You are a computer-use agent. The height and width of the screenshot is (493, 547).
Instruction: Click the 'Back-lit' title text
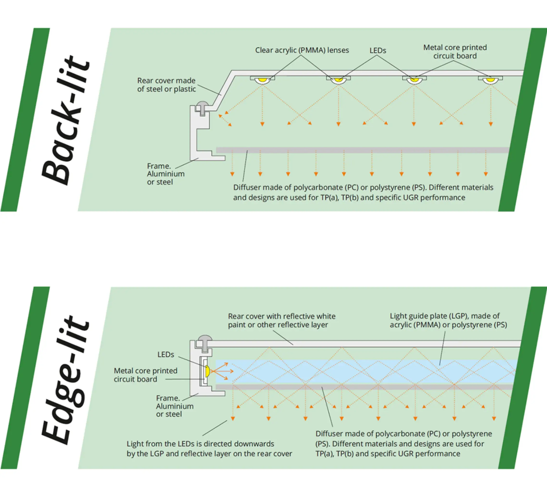(65, 121)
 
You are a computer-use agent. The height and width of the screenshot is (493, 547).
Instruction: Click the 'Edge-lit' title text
(65, 381)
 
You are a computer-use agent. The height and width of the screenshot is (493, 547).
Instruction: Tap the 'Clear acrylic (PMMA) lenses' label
(302, 50)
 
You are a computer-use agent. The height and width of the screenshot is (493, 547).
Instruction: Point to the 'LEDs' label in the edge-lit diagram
(166, 355)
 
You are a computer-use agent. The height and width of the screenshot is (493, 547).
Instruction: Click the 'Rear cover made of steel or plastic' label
(166, 85)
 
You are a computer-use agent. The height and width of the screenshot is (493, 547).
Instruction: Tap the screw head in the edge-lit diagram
(205, 338)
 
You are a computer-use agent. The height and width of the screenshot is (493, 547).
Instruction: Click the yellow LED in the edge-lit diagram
(207, 371)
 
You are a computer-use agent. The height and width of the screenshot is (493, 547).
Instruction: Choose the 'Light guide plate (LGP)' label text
(448, 320)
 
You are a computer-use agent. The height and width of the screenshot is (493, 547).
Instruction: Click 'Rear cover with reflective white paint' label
(282, 320)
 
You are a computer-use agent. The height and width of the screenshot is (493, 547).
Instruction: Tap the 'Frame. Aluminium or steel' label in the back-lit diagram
(165, 174)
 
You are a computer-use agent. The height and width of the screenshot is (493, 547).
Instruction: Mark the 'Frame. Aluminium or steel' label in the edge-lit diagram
(175, 406)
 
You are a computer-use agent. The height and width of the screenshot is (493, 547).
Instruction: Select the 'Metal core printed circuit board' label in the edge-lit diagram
(145, 375)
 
